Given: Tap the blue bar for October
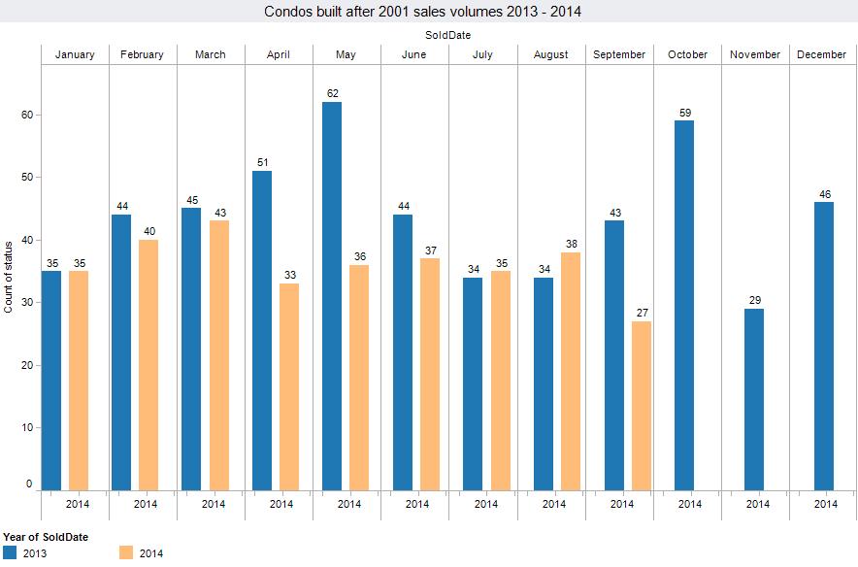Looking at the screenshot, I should [x=684, y=305].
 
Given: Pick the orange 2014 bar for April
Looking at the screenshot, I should [x=289, y=387].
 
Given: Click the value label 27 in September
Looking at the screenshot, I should [x=642, y=313].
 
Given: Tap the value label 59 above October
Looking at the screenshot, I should [x=684, y=113].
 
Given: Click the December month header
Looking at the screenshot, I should [x=821, y=54].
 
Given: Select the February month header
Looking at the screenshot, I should [x=142, y=54].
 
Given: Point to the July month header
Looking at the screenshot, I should [x=482, y=54].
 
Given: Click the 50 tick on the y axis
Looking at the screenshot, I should [x=27, y=178].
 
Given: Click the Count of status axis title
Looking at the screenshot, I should [x=10, y=277].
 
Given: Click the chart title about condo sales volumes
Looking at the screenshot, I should [x=428, y=12].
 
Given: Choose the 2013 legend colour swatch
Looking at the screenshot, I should [x=10, y=552].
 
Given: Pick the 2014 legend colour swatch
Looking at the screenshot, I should [x=126, y=552].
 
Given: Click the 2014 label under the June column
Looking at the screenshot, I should [x=417, y=504].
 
